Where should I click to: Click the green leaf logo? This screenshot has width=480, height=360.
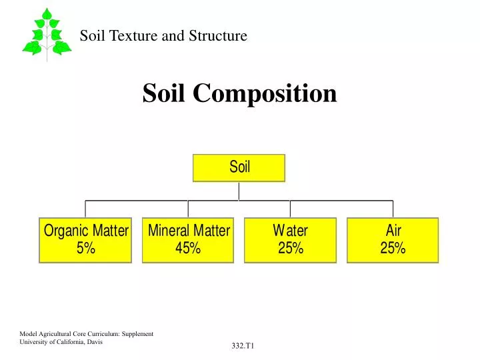point(47,33)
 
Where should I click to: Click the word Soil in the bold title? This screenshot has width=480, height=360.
point(165,93)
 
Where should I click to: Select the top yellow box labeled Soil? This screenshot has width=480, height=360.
point(239,168)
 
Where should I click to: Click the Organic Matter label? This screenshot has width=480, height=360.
point(86,231)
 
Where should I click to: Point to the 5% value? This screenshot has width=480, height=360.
point(86,249)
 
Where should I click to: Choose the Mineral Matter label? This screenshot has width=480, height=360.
point(189,231)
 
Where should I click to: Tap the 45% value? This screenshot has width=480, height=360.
point(188,249)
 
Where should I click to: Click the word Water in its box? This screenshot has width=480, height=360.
point(290,231)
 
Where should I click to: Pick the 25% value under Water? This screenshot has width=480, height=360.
point(290,249)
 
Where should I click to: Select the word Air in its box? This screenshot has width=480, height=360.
point(393,231)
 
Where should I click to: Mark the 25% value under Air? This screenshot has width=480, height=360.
point(393,249)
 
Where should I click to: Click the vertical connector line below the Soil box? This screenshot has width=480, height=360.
point(239,191)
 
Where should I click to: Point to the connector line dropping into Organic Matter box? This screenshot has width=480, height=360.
point(85,209)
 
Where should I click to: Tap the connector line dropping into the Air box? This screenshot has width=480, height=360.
point(393,209)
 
